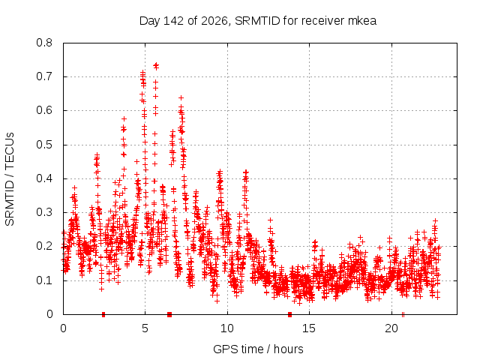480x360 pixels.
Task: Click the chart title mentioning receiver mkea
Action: click(x=258, y=21)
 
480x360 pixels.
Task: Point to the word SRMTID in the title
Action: click(x=257, y=21)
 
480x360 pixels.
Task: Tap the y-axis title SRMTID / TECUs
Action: click(x=10, y=179)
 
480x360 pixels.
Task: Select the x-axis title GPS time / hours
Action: click(x=258, y=349)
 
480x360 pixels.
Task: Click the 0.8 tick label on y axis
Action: click(x=44, y=43)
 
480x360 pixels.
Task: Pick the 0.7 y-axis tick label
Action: click(x=44, y=76)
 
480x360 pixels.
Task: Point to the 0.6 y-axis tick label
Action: click(x=44, y=110)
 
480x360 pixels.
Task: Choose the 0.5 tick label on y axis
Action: click(x=44, y=145)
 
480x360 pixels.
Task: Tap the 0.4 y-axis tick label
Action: click(x=44, y=178)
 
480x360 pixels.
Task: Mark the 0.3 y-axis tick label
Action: click(x=44, y=212)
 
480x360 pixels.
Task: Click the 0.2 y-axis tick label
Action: click(x=44, y=246)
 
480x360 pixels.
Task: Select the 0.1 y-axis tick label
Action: click(x=44, y=280)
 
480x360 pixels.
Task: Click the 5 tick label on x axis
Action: click(x=145, y=328)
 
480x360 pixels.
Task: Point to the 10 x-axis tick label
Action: click(x=226, y=328)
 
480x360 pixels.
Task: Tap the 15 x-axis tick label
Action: click(x=309, y=328)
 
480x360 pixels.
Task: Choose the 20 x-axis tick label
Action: click(x=391, y=328)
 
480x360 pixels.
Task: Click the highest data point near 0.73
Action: click(x=156, y=65)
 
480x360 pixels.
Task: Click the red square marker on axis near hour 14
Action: click(x=290, y=314)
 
